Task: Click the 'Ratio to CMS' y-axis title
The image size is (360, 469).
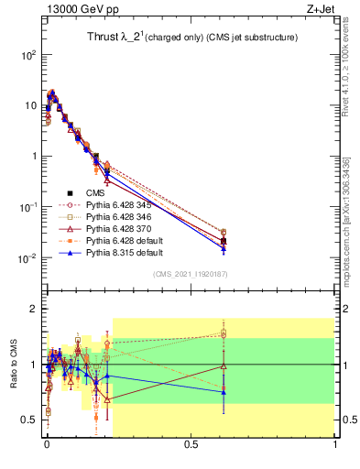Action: pyautogui.click(x=13, y=379)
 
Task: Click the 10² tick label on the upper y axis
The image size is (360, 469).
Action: pyautogui.click(x=29, y=55)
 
